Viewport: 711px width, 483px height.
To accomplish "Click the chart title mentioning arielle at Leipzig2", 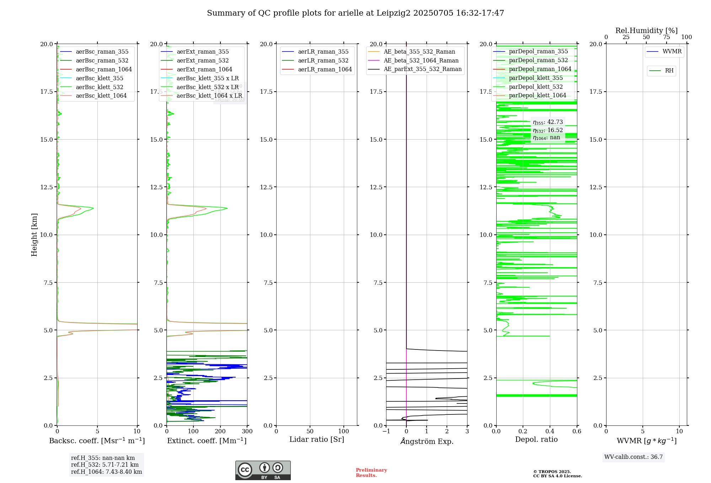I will tap(355, 13).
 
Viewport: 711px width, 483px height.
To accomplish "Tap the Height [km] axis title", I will tap(34, 234).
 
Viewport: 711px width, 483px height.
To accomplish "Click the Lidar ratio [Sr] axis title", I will tap(317, 439).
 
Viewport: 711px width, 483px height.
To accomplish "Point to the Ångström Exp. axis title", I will tap(427, 441).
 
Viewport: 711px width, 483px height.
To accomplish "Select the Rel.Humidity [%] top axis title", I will tap(646, 31).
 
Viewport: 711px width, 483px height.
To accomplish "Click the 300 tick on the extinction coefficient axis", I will tap(247, 431).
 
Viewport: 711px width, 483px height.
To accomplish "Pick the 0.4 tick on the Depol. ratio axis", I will tap(550, 431).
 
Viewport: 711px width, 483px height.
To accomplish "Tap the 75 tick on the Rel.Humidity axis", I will tap(667, 37).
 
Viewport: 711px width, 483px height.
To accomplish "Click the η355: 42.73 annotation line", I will tap(548, 122).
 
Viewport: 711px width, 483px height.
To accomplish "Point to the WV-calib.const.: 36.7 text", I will tap(634, 457).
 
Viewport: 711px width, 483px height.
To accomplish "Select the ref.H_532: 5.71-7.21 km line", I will tap(105, 465).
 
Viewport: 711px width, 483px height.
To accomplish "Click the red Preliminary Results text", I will tap(371, 473).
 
